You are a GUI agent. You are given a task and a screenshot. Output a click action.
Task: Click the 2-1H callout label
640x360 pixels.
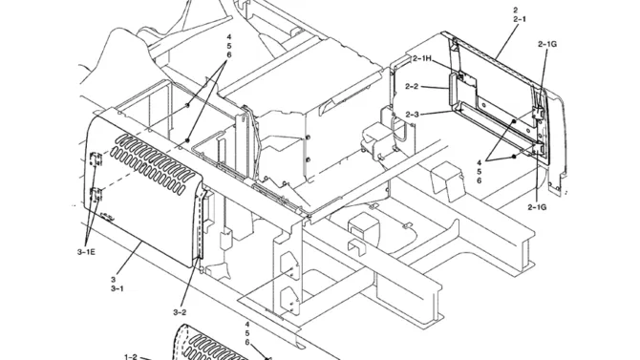(421, 59)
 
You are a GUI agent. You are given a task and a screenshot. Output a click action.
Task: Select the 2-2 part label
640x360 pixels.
(412, 87)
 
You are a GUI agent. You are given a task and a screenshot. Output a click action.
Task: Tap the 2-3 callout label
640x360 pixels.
(412, 115)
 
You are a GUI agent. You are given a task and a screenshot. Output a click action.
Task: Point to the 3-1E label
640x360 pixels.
(86, 252)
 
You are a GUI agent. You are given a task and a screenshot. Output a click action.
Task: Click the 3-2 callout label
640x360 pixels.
(180, 312)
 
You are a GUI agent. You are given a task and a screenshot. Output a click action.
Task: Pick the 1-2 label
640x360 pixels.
(131, 357)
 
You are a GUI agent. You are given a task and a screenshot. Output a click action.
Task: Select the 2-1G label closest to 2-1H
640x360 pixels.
(547, 44)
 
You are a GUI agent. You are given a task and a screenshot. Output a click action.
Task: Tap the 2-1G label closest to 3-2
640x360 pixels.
(537, 207)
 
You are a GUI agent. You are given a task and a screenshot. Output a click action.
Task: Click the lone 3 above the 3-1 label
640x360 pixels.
(113, 280)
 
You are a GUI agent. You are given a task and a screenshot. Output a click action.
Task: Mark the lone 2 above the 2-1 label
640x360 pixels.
(516, 11)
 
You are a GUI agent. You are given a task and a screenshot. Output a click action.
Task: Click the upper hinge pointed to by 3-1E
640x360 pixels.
(96, 159)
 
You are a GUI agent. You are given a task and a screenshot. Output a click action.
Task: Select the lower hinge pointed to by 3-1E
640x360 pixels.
(96, 194)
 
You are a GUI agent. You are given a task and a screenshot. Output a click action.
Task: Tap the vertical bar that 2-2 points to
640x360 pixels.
(453, 93)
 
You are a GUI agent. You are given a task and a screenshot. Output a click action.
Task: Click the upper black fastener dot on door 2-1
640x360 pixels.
(514, 121)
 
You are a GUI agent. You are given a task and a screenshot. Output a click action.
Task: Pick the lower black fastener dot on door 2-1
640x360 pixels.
(514, 157)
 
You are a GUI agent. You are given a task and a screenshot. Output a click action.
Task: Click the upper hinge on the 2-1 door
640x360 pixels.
(538, 114)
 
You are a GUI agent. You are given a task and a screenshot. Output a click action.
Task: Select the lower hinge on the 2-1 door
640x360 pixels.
(539, 149)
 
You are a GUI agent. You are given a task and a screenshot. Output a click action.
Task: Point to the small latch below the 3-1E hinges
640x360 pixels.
(107, 217)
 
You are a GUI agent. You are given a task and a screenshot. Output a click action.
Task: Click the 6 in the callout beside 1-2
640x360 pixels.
(247, 342)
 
